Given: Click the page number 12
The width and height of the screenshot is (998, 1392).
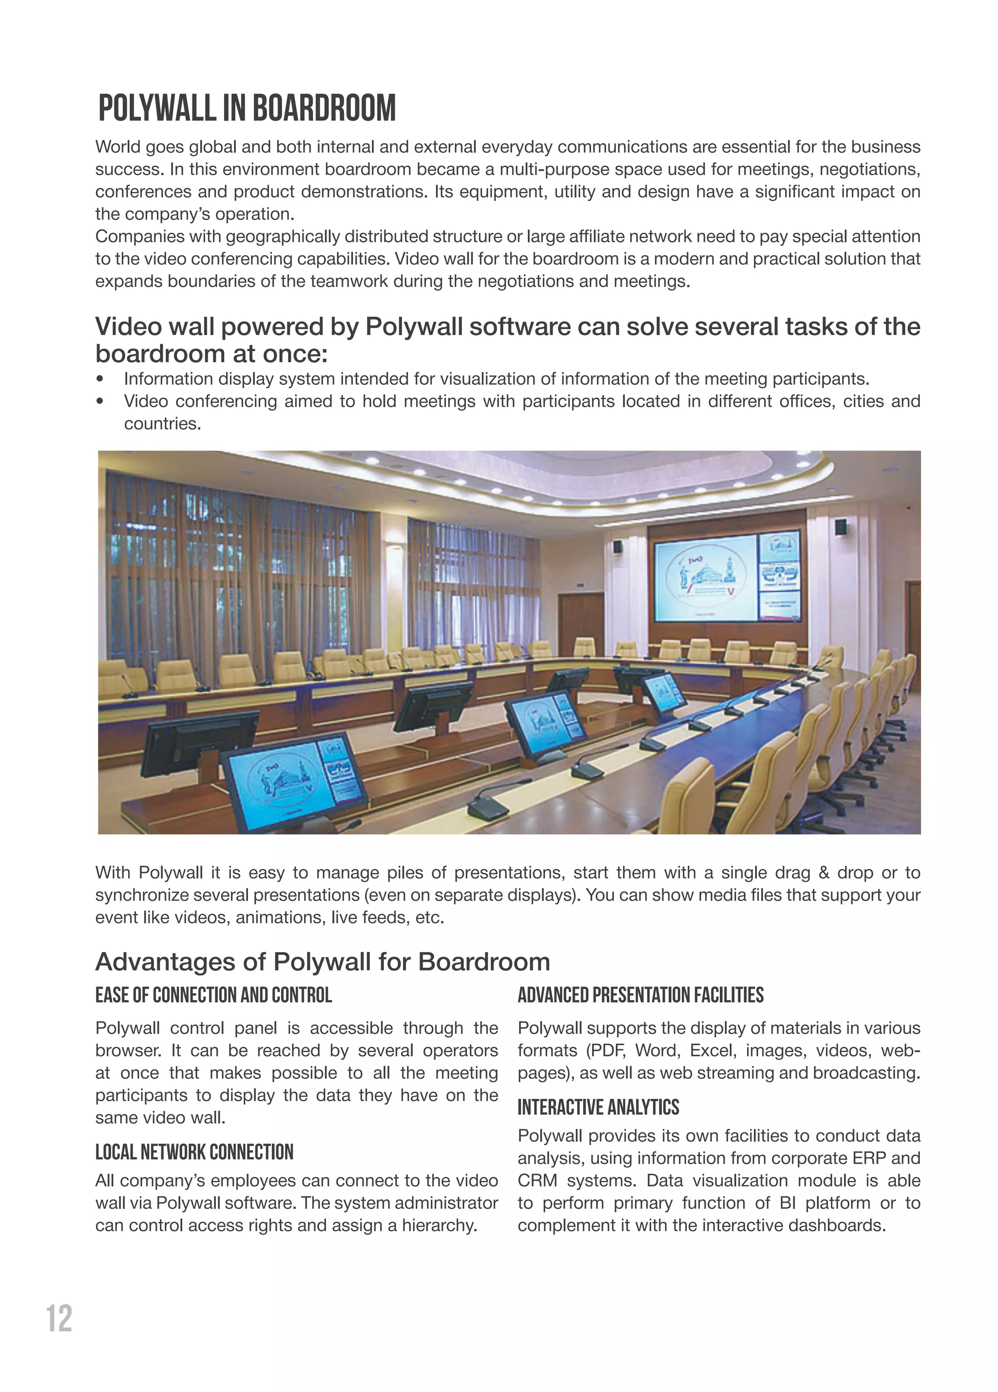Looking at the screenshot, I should pos(59,1318).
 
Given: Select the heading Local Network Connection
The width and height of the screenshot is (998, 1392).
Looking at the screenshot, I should pos(194,1152).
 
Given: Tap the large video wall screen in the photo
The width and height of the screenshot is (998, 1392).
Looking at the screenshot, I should pos(704,577).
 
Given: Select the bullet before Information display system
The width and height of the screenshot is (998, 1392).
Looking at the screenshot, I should pos(100,379).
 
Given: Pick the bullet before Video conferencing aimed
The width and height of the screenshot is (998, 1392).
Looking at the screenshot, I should pos(100,401).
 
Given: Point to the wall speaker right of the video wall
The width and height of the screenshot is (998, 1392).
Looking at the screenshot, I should pos(840,527).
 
